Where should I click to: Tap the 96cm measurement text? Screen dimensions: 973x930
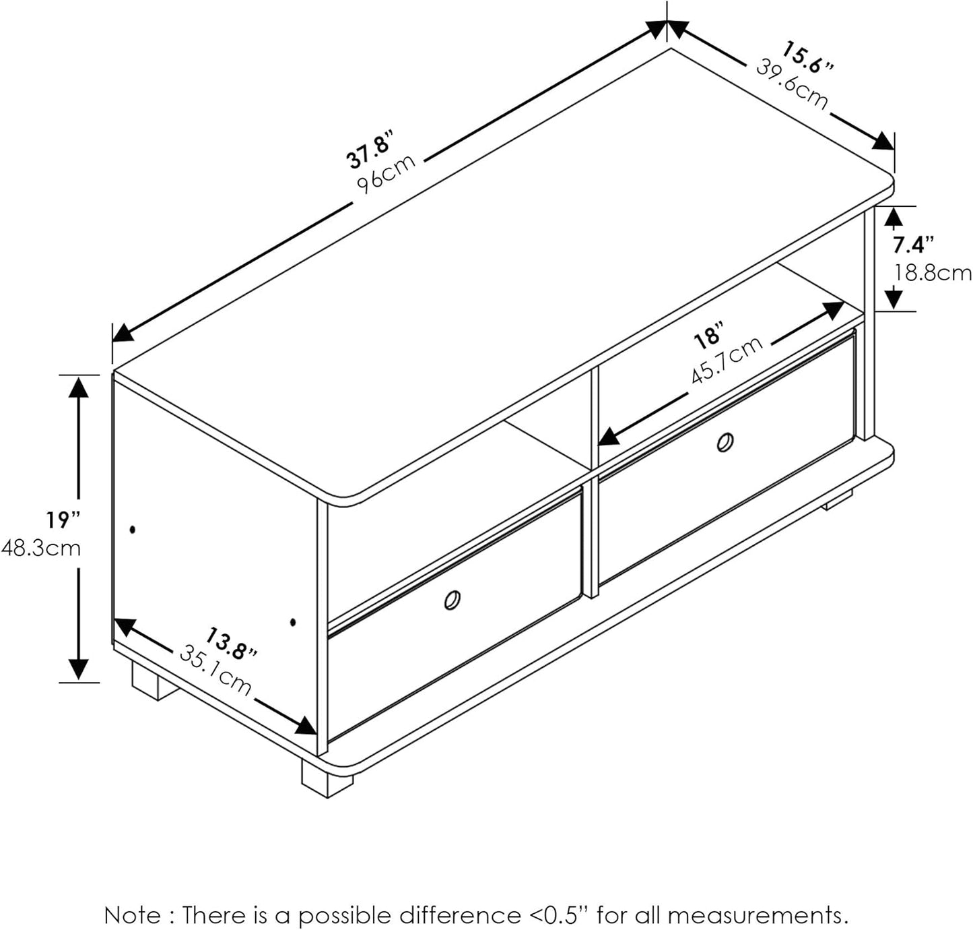click(386, 174)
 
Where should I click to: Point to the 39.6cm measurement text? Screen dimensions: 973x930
click(791, 84)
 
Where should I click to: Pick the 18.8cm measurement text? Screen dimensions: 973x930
click(933, 274)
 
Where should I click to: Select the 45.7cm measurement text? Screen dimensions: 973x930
click(727, 361)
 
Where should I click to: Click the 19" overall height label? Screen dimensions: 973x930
click(63, 520)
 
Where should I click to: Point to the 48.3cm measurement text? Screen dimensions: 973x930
click(41, 549)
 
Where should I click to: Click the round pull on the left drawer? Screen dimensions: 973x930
click(452, 600)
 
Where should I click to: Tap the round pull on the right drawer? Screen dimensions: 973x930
click(725, 443)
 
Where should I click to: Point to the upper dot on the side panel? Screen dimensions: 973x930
click(133, 529)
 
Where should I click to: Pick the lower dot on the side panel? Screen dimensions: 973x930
click(292, 622)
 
